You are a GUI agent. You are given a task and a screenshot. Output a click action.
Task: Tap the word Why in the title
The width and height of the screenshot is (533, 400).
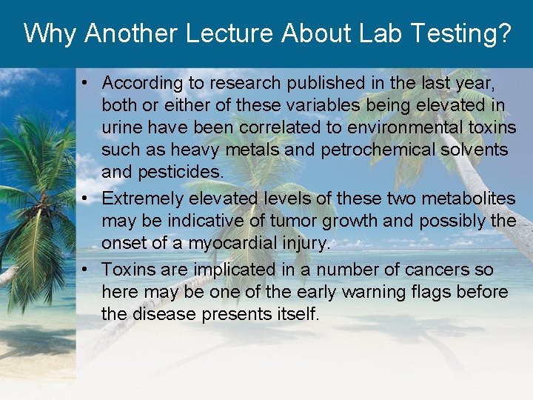(50, 33)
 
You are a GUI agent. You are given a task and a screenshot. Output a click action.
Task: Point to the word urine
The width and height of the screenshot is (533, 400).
(123, 127)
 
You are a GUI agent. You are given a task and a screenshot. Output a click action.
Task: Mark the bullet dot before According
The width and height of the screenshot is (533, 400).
(87, 83)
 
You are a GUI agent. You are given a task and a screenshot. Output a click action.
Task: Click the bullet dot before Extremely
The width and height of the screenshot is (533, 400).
(87, 199)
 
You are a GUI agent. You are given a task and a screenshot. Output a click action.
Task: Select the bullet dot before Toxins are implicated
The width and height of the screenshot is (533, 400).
(87, 270)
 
